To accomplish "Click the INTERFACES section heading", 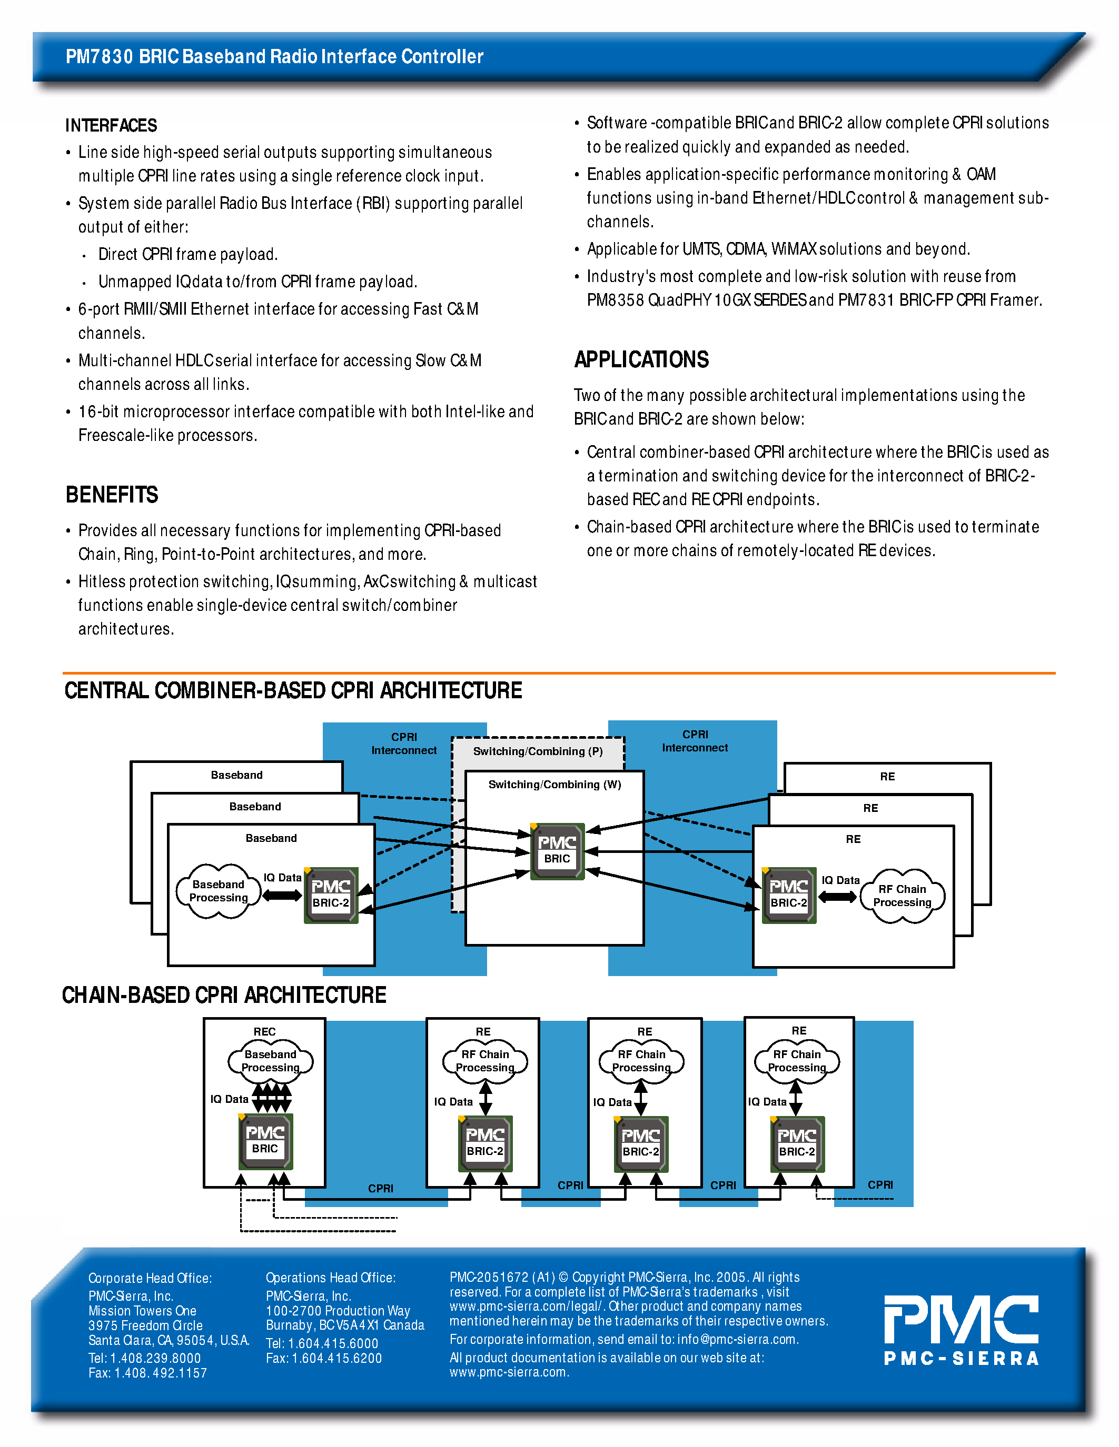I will click(111, 125).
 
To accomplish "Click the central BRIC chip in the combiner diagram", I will click(557, 851).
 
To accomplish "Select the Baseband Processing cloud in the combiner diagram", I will click(218, 891).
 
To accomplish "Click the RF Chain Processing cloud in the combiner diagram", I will click(902, 896).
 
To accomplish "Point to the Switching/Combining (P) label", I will click(538, 751).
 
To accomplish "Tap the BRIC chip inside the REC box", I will click(265, 1141).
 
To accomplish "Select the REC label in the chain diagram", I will click(264, 1032).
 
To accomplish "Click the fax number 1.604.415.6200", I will click(337, 1358).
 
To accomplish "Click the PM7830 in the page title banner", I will click(100, 56).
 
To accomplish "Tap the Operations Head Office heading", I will click(330, 1278).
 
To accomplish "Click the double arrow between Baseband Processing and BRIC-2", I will click(282, 896).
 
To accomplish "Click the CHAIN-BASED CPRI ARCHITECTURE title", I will click(224, 994).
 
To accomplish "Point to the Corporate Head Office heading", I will click(150, 1278).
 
